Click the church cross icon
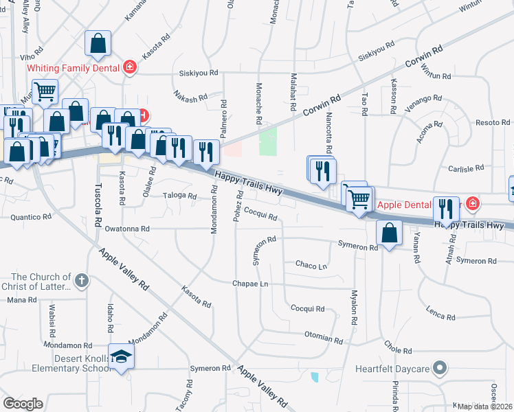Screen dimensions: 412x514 tap(81, 279)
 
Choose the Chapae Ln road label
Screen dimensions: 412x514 tap(249, 284)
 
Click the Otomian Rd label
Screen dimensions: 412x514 tap(324, 337)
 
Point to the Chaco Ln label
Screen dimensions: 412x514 tap(311, 264)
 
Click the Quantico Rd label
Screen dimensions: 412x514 tap(31, 216)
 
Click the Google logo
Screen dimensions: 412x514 tap(23, 404)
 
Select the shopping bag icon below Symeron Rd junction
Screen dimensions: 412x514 tap(390, 233)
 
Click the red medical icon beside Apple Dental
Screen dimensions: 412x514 tap(472, 203)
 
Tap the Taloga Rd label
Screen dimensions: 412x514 tap(180, 195)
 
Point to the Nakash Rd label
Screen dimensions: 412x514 tap(190, 95)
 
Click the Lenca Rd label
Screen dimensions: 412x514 tap(440, 314)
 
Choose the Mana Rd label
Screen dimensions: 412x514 tap(21, 300)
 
